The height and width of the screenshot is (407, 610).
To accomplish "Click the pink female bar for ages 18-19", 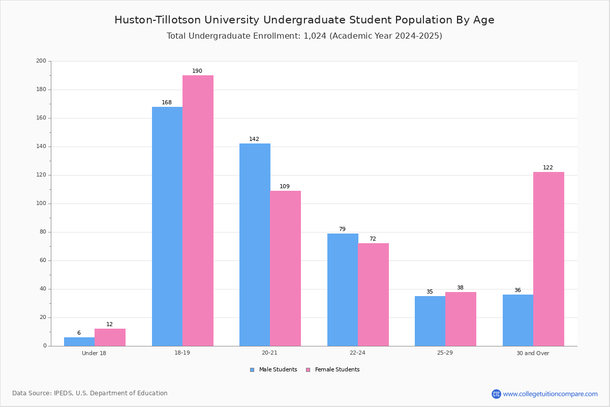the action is [198, 211].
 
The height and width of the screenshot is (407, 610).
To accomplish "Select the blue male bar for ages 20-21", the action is [255, 245].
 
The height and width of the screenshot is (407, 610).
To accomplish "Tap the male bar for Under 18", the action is [79, 342].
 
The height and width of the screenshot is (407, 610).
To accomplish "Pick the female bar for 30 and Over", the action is [548, 259].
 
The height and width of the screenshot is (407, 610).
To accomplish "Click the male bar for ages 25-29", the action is [430, 321].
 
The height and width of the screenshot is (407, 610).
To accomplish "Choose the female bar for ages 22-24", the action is [373, 295].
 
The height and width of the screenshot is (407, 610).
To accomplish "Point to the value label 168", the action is [167, 102].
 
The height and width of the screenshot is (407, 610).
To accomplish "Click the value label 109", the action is [285, 187].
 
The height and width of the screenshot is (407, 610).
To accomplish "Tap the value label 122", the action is [548, 168].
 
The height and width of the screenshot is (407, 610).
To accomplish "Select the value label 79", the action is [342, 229].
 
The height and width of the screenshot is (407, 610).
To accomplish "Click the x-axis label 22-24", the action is [357, 353].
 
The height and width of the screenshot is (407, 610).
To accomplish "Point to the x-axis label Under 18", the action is [94, 353].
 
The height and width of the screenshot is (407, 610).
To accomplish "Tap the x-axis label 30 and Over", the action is [533, 353].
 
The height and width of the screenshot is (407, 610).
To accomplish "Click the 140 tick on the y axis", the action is [41, 147].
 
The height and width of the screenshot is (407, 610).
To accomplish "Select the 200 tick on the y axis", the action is [41, 61].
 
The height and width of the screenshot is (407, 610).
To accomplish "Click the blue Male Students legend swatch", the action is [252, 370].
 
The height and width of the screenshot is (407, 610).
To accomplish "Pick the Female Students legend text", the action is [338, 370].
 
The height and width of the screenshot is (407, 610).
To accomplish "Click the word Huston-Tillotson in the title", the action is [158, 20].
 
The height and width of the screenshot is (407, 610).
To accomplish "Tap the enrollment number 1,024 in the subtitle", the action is [315, 36].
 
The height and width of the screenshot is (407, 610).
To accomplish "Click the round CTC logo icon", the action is [496, 394].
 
